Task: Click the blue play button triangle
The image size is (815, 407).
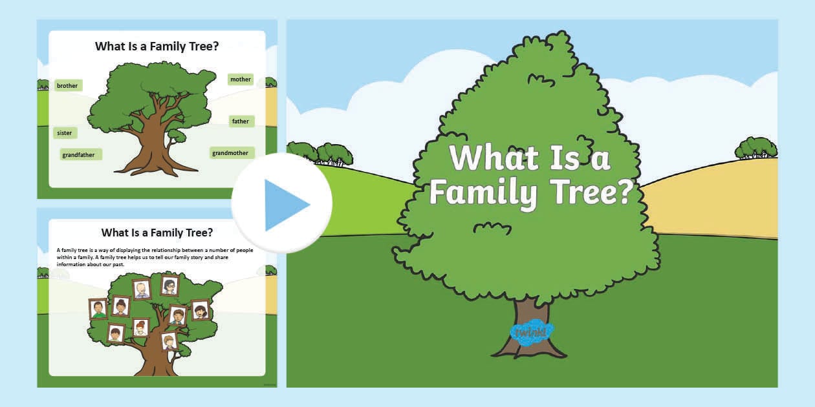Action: point(285,204)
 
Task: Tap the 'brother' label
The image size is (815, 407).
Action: point(68,85)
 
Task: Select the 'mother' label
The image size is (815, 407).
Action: point(241,79)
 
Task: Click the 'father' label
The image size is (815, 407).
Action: point(241,121)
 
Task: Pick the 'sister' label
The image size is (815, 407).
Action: point(65,132)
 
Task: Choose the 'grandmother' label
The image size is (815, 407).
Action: point(231,153)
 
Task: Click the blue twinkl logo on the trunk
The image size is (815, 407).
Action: point(532,332)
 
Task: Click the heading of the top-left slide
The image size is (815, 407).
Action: point(157,47)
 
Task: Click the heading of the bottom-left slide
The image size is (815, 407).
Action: point(157,233)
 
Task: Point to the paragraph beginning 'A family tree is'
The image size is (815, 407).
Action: point(155,256)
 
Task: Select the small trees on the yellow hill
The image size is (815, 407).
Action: point(755,149)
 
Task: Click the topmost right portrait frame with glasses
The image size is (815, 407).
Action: point(169,286)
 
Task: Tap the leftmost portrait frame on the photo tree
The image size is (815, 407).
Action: point(98,309)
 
